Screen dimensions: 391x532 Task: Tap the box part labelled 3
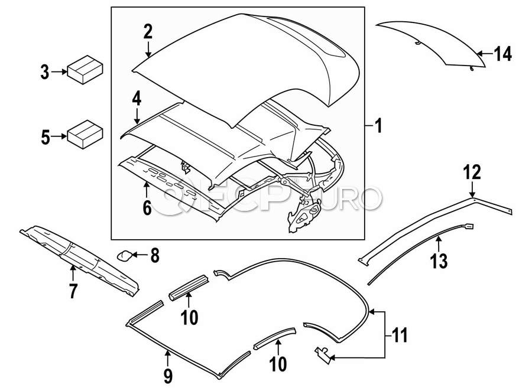click(x=85, y=70)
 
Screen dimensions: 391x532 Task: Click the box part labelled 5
click(x=85, y=135)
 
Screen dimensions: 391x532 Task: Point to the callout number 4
click(x=137, y=98)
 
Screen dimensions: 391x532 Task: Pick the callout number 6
click(x=147, y=207)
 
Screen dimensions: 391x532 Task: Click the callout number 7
click(x=73, y=291)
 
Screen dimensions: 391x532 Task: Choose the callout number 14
click(x=502, y=54)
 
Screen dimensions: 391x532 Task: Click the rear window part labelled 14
click(x=437, y=41)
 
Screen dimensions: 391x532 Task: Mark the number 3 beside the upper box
click(x=45, y=73)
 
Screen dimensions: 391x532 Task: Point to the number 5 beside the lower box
click(x=45, y=138)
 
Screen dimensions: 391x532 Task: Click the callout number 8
click(x=155, y=256)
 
